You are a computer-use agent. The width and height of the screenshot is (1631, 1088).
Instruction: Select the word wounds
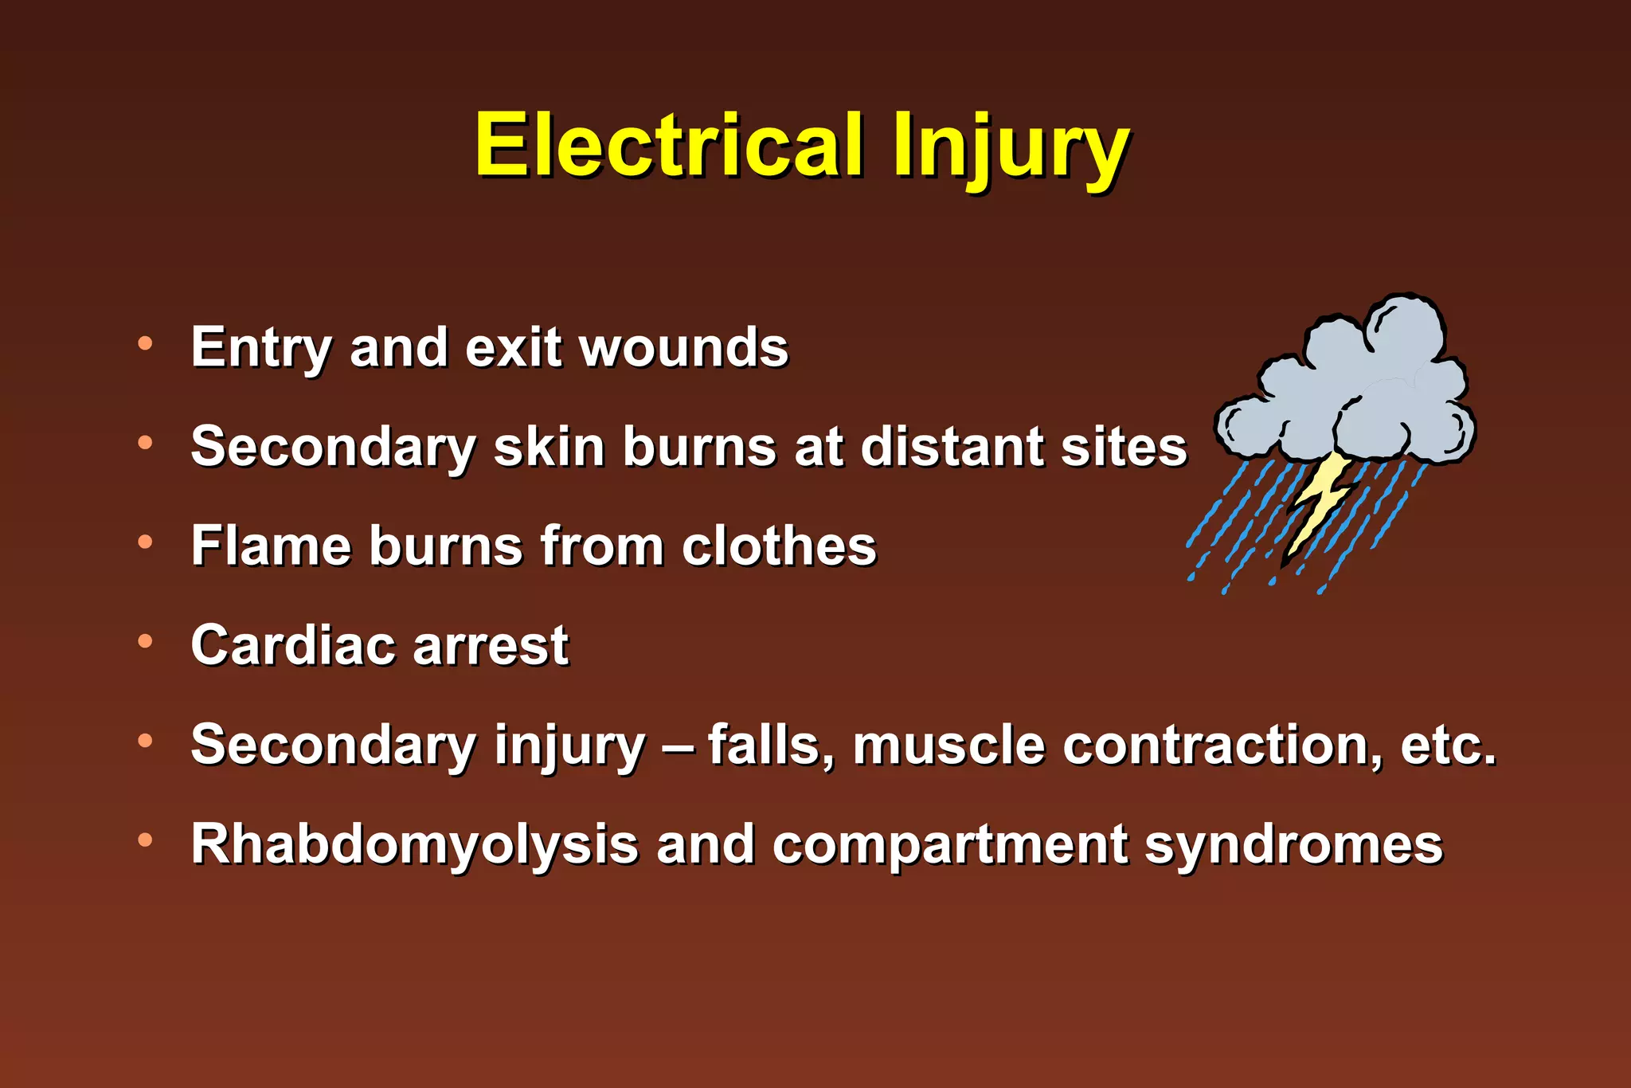684,348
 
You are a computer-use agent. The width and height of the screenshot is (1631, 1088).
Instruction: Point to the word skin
548,446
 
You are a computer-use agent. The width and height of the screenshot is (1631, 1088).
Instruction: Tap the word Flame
271,546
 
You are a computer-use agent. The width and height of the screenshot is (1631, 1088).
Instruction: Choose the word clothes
779,546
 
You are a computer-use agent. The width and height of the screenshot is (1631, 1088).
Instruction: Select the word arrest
491,645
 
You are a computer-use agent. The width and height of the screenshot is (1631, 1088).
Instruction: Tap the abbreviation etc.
1448,746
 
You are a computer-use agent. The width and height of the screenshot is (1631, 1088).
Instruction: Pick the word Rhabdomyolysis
414,844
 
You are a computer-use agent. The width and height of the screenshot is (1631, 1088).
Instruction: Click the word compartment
949,844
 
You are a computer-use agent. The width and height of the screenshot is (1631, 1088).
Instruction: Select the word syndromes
1293,844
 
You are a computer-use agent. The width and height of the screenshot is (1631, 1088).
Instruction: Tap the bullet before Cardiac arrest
145,641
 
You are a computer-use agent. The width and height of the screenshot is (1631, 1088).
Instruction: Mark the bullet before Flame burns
145,542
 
